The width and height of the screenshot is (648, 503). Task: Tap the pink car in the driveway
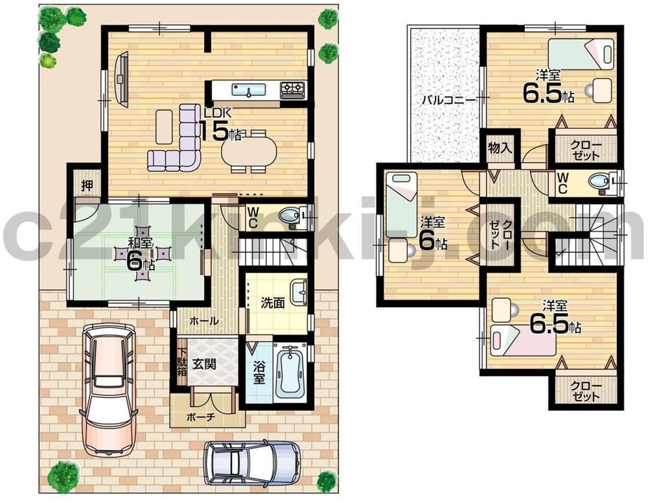(108, 389)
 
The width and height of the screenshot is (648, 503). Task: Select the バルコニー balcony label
(446, 100)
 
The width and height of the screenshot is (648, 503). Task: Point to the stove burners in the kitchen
(292, 89)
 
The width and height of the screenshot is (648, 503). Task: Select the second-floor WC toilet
(601, 181)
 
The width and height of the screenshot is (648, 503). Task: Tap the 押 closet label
(86, 184)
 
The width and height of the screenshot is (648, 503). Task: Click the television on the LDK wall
(121, 77)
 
